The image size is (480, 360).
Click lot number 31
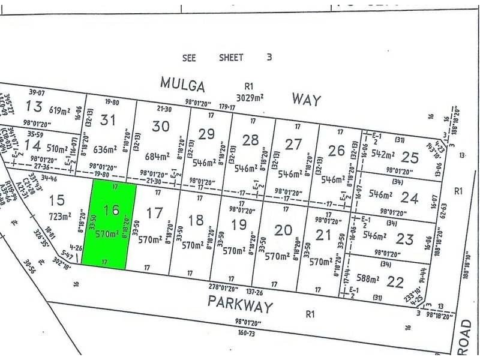click(107, 120)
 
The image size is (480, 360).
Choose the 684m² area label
click(158, 156)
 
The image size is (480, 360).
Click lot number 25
click(410, 157)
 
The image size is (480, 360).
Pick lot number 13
click(35, 107)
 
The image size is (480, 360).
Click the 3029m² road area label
click(249, 98)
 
